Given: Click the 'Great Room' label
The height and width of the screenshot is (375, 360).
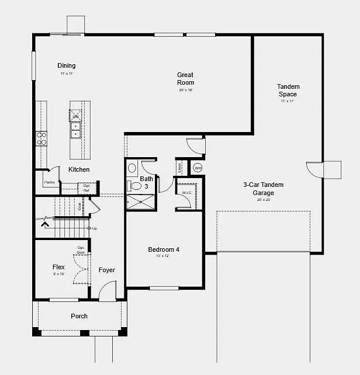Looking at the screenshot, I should point(185,78).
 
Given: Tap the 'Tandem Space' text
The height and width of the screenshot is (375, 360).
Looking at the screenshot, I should point(288,91).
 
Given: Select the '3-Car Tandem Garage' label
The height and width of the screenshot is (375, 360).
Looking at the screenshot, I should point(263,189).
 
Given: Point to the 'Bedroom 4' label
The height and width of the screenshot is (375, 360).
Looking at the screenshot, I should point(164,249).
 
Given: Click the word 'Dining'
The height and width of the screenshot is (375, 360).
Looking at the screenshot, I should point(66,65).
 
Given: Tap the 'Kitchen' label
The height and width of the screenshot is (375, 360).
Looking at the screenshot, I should point(79,169).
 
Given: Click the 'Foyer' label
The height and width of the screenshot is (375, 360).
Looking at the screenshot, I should point(106,270).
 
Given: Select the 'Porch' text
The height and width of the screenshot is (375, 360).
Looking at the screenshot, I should point(79,316).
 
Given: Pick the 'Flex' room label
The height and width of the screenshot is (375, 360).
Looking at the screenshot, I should point(58,267).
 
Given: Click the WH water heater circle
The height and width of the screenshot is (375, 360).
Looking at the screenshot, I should point(198,168).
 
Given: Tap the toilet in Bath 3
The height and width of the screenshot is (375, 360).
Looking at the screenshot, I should point(136,186).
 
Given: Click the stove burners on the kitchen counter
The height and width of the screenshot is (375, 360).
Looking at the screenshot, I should point(41,138).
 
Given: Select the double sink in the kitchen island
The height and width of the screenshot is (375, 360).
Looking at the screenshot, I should point(76,130).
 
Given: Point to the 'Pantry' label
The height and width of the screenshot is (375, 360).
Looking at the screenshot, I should point(49,182).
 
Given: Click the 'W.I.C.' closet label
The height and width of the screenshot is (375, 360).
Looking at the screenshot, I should point(187,192).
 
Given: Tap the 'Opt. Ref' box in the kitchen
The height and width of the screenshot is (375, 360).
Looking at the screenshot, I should point(86,188).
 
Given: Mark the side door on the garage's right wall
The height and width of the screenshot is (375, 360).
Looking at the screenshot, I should point(318,169).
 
